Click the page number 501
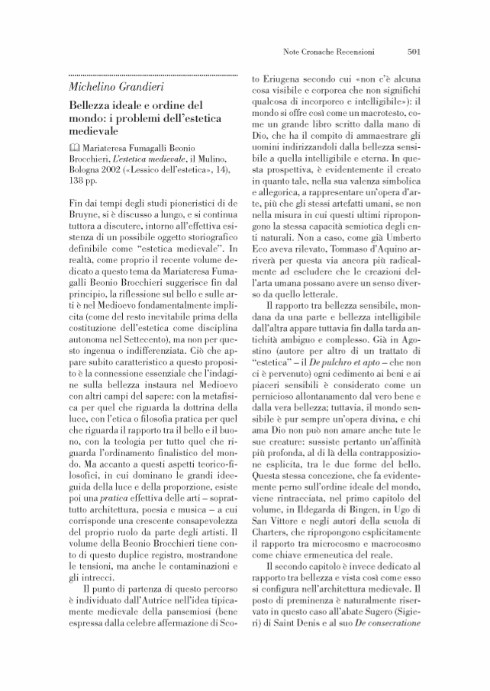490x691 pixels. tap(415, 53)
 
